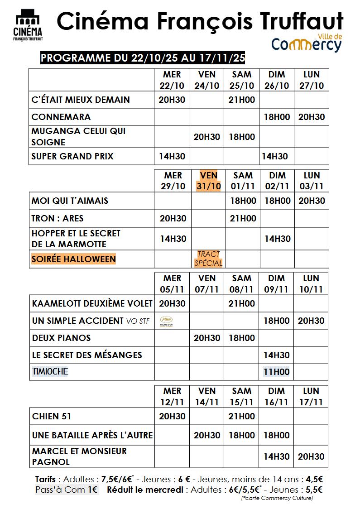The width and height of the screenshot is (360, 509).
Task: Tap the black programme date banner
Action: (143, 58)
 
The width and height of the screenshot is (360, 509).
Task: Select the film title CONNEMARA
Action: (61, 117)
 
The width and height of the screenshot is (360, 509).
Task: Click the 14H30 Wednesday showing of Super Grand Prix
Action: (172, 157)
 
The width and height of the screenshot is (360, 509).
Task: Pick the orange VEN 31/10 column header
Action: (208, 181)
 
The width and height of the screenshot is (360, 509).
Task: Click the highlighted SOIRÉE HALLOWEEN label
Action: (73, 259)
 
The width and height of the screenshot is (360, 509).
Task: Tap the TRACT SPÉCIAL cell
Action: (208, 259)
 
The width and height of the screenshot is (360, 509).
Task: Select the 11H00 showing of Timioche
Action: (276, 372)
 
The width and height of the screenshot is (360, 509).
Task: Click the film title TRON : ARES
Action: (58, 218)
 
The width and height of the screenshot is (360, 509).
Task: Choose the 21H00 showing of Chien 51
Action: (242, 416)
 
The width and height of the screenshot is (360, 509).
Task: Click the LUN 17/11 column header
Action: (311, 396)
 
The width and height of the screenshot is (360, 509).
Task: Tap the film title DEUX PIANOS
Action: (61, 338)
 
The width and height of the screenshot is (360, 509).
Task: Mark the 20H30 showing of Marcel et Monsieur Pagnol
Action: (311, 456)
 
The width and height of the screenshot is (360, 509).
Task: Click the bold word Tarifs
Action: (45, 479)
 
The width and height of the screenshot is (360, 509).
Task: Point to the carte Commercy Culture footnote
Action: (277, 498)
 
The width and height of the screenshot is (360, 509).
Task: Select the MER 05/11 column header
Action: (172, 283)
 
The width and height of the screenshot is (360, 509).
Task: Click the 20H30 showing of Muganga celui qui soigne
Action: (207, 137)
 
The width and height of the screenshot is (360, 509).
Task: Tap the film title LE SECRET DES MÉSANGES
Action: (87, 355)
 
